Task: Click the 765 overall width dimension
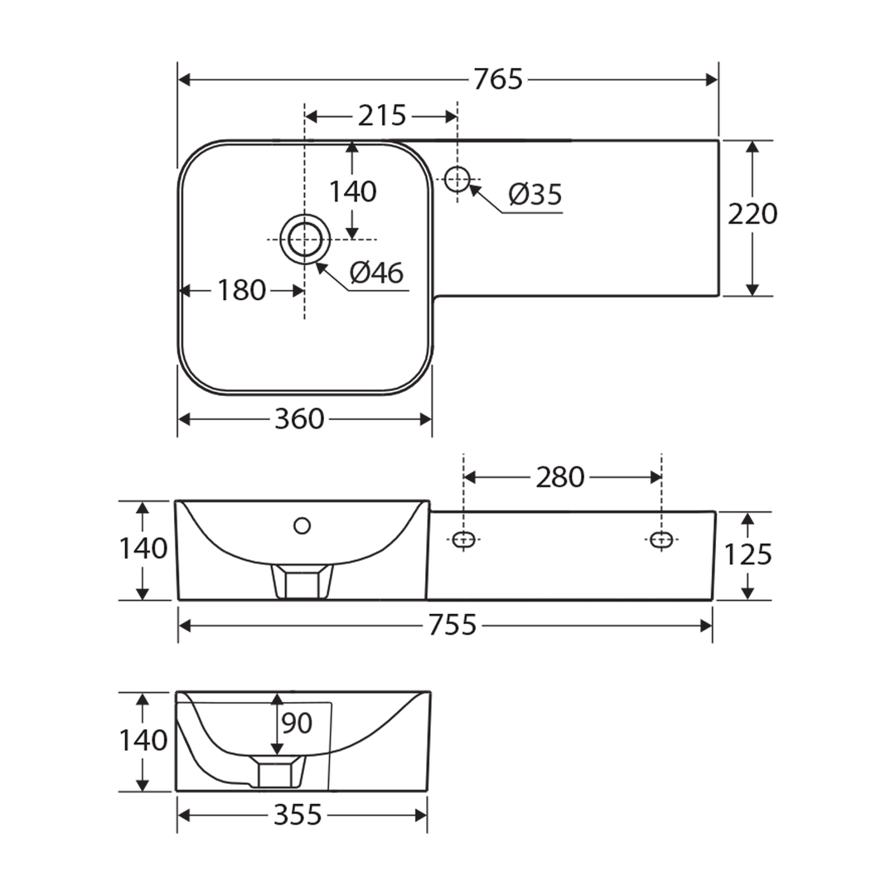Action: [498, 80]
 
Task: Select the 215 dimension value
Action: [381, 116]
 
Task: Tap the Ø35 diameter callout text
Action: [535, 195]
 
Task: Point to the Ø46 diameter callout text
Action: [375, 273]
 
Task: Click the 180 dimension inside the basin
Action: [241, 290]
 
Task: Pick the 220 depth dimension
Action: [752, 215]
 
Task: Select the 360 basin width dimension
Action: [298, 420]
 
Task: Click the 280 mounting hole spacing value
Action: [560, 477]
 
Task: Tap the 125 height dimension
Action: [748, 554]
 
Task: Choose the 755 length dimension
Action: [452, 626]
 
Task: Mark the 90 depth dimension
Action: [297, 723]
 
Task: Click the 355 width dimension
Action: [298, 816]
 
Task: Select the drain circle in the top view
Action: [305, 239]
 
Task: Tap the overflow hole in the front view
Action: [302, 525]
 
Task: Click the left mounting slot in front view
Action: [463, 540]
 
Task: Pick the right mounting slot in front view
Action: [660, 540]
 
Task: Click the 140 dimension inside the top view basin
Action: [353, 192]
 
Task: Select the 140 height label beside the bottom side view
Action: [143, 740]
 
